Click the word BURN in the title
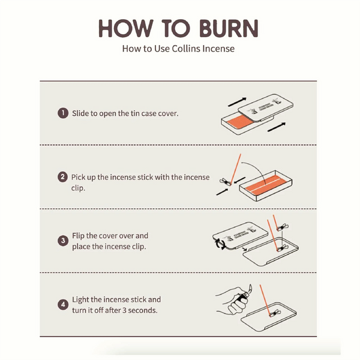click(x=229, y=28)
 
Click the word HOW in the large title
click(x=126, y=28)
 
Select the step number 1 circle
click(x=63, y=113)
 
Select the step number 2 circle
click(x=63, y=177)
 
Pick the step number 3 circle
click(x=63, y=241)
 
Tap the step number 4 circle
click(x=63, y=305)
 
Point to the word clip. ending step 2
click(x=78, y=188)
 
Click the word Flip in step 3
click(x=78, y=236)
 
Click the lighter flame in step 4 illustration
click(x=250, y=288)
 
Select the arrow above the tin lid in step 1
click(x=237, y=102)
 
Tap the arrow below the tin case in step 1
click(x=277, y=127)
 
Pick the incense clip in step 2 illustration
click(x=225, y=182)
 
